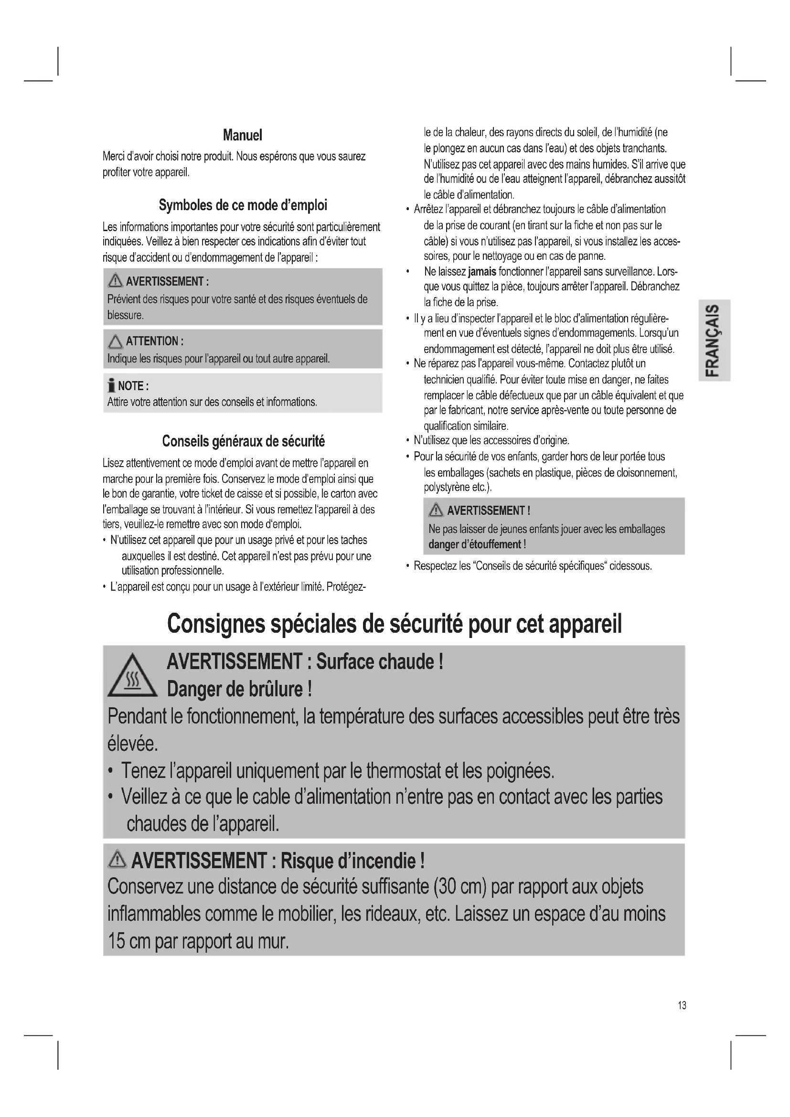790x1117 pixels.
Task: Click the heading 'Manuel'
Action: click(242, 135)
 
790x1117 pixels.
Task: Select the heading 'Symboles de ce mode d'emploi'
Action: click(243, 205)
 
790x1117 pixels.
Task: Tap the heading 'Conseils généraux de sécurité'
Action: click(243, 441)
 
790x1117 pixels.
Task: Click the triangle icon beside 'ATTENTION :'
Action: click(115, 341)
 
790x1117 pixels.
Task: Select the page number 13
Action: click(682, 1005)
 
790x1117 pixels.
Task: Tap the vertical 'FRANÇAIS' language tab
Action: click(714, 340)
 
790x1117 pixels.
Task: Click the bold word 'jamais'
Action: click(481, 271)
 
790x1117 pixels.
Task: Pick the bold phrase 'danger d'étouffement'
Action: click(475, 544)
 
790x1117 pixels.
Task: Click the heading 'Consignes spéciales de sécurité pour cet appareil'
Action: click(394, 624)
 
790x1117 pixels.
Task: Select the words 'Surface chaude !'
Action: click(379, 661)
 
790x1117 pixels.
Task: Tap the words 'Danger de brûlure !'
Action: click(239, 689)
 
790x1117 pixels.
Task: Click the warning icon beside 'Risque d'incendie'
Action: click(117, 861)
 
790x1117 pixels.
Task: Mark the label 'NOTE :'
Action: click(133, 386)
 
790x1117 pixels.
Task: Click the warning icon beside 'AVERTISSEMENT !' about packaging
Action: click(436, 511)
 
